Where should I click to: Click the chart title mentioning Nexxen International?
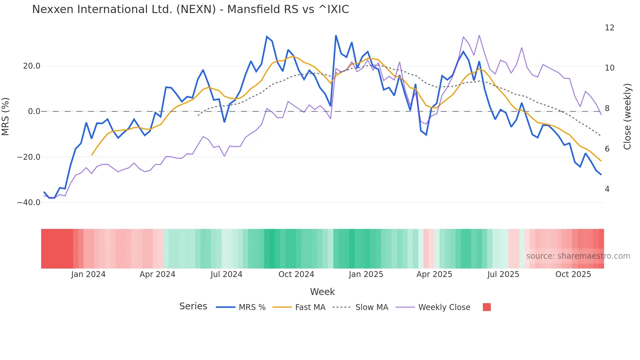pos(190,9)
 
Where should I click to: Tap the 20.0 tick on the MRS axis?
pos(32,66)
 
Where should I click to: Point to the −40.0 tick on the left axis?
pos(29,203)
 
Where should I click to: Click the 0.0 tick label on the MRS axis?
pos(34,111)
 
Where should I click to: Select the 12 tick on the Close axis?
pos(609,28)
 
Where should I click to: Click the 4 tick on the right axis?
pos(607,189)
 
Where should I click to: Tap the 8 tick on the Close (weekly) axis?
pos(607,108)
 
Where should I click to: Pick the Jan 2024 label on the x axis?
pos(88,274)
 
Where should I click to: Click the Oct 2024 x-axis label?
pos(296,274)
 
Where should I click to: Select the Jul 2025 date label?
pos(503,274)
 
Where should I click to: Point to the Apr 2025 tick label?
pos(434,274)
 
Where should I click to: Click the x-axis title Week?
pos(322,292)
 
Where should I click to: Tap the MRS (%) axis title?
pos(6,116)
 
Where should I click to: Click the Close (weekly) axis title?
pos(627,117)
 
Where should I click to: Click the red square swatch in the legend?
pos(487,307)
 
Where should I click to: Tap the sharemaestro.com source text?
pos(578,256)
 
